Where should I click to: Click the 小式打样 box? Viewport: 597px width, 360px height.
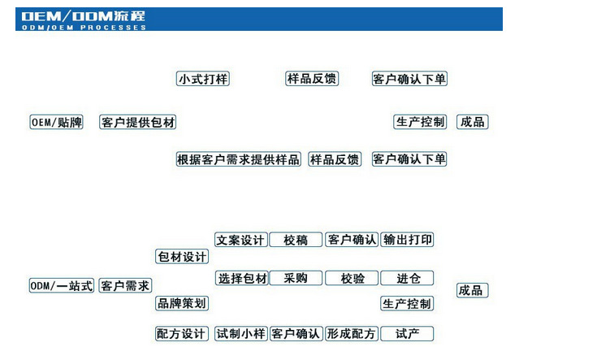[203, 79]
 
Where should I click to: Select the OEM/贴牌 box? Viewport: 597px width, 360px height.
[57, 123]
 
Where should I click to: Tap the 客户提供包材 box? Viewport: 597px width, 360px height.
[138, 123]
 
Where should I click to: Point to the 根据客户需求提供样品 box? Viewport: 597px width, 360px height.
[239, 159]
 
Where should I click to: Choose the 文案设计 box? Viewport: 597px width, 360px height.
[241, 240]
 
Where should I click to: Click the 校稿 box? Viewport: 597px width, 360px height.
[296, 240]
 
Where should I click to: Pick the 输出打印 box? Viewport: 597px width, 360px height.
[407, 240]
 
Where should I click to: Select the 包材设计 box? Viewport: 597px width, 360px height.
[182, 257]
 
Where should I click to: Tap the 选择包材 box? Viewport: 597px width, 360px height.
[241, 278]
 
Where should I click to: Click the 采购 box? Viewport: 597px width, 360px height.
[296, 278]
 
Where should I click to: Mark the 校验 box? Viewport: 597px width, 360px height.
[352, 278]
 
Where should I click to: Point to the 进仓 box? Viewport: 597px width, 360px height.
[407, 278]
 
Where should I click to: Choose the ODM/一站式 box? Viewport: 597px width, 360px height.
[62, 286]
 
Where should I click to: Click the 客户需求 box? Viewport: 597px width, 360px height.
[125, 286]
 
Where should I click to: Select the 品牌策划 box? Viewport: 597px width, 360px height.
[182, 303]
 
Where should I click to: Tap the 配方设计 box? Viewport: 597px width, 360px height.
[182, 333]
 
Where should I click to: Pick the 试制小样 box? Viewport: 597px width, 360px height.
[241, 333]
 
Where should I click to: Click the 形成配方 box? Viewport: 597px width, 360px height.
[351, 333]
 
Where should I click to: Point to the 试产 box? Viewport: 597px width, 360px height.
[407, 333]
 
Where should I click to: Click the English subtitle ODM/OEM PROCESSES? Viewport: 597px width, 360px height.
[81, 28]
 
